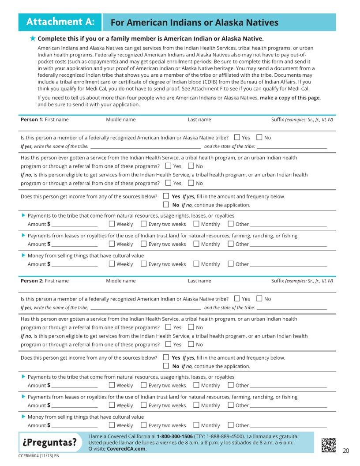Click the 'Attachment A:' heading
(60, 22)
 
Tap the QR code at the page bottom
(329, 444)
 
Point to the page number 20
(345, 451)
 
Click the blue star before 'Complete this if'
(33, 38)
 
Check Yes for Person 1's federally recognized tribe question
(237, 137)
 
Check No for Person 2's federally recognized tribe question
(259, 299)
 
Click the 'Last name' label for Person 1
(199, 120)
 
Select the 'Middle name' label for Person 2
(120, 281)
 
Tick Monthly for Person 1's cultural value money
(196, 264)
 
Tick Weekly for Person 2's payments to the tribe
(112, 385)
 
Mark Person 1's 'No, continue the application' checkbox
(166, 205)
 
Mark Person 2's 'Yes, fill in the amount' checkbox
(166, 357)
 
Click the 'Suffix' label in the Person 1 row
(277, 120)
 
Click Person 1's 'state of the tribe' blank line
(292, 146)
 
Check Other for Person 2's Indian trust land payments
(231, 405)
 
